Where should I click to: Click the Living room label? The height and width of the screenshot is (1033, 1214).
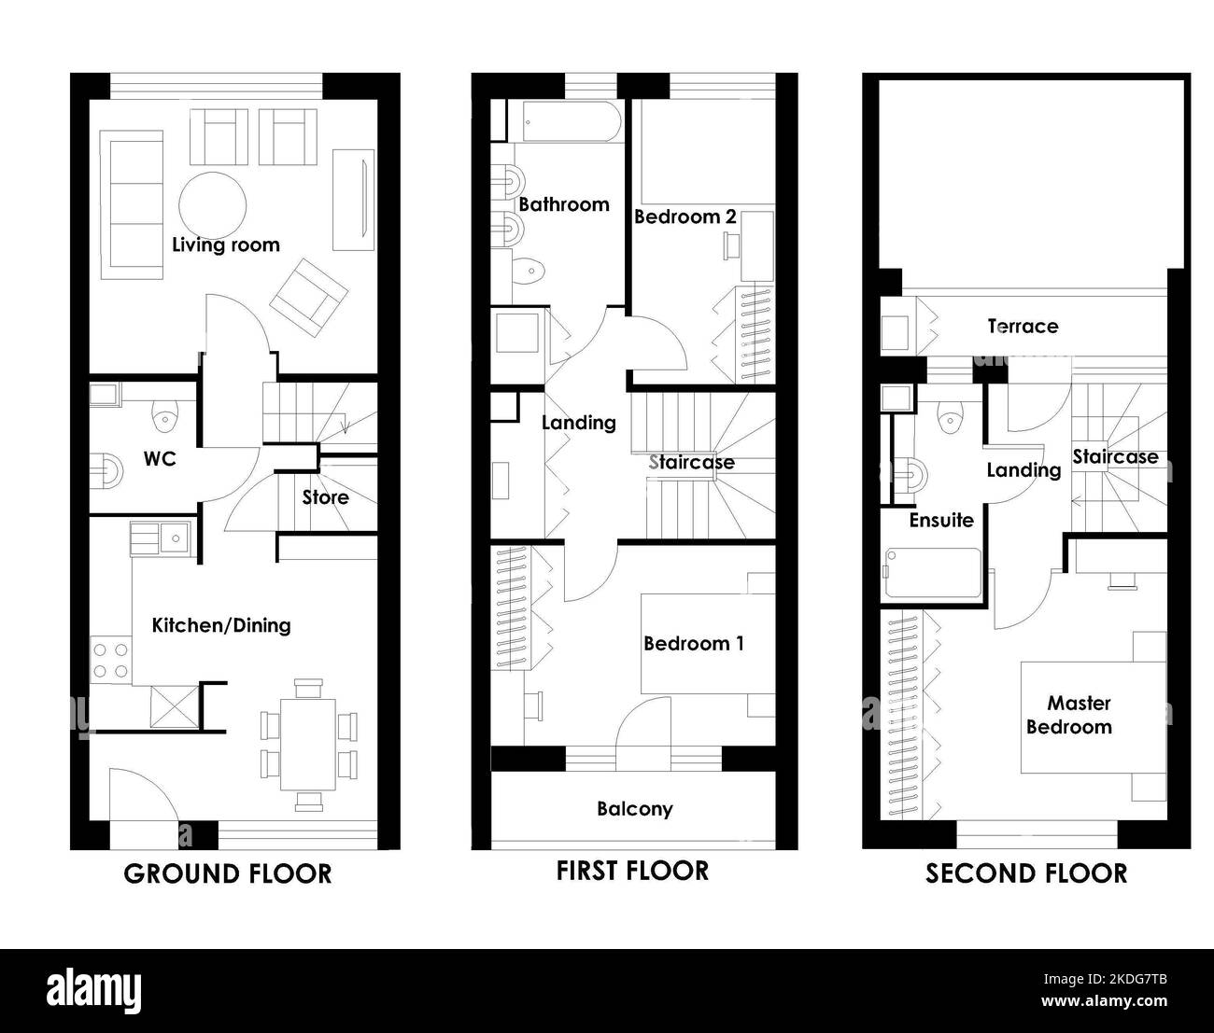pyautogui.click(x=226, y=244)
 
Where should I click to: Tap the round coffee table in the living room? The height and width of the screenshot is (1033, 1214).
pyautogui.click(x=212, y=205)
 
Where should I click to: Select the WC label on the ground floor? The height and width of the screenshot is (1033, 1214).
pyautogui.click(x=160, y=459)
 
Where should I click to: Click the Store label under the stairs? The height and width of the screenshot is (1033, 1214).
pyautogui.click(x=325, y=497)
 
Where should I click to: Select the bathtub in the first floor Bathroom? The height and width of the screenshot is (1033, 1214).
pyautogui.click(x=572, y=121)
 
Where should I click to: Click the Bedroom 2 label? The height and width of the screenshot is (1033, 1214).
pyautogui.click(x=685, y=217)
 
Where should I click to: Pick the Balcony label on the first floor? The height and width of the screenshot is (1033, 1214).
pyautogui.click(x=635, y=809)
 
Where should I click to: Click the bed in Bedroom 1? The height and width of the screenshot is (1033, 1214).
pyautogui.click(x=708, y=644)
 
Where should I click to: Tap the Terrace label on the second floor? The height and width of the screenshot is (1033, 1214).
pyautogui.click(x=1023, y=327)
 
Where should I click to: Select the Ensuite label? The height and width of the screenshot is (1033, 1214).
pyautogui.click(x=941, y=520)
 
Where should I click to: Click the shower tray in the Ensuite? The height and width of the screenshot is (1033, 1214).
pyautogui.click(x=933, y=573)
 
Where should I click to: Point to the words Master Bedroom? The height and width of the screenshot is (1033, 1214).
pyautogui.click(x=1069, y=715)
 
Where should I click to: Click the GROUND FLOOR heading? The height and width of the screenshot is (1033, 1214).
pyautogui.click(x=227, y=874)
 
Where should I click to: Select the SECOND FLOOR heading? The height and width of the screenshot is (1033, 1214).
pyautogui.click(x=1026, y=873)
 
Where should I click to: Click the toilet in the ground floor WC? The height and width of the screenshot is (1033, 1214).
pyautogui.click(x=164, y=414)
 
